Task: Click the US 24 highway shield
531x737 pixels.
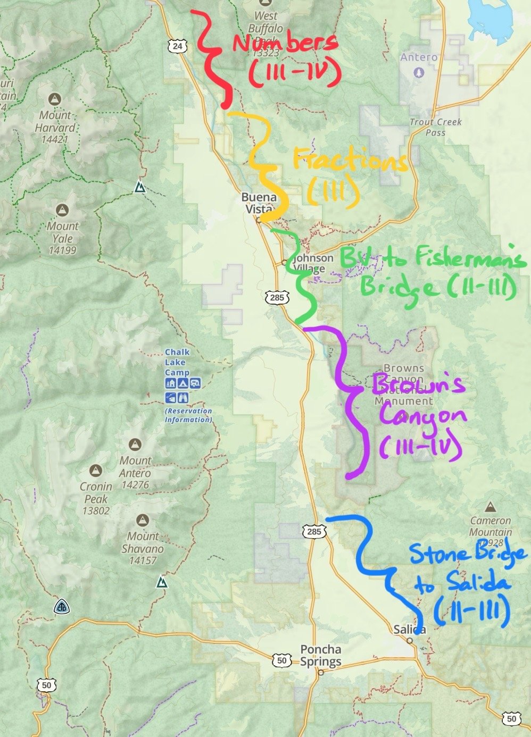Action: (177, 46)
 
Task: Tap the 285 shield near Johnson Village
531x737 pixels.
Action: (277, 297)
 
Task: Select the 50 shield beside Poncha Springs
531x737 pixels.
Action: (282, 660)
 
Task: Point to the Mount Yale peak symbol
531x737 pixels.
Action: (63, 210)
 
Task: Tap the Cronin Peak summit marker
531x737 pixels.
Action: (96, 470)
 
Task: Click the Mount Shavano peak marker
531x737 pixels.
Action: (142, 520)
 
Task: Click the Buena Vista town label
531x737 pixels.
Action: (259, 203)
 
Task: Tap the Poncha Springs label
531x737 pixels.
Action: (320, 655)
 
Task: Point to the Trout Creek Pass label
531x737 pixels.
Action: (436, 127)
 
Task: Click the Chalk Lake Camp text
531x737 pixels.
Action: (177, 362)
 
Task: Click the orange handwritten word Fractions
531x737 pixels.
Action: (350, 160)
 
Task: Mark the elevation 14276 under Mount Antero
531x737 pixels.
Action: (135, 484)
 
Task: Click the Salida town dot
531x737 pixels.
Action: (410, 641)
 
